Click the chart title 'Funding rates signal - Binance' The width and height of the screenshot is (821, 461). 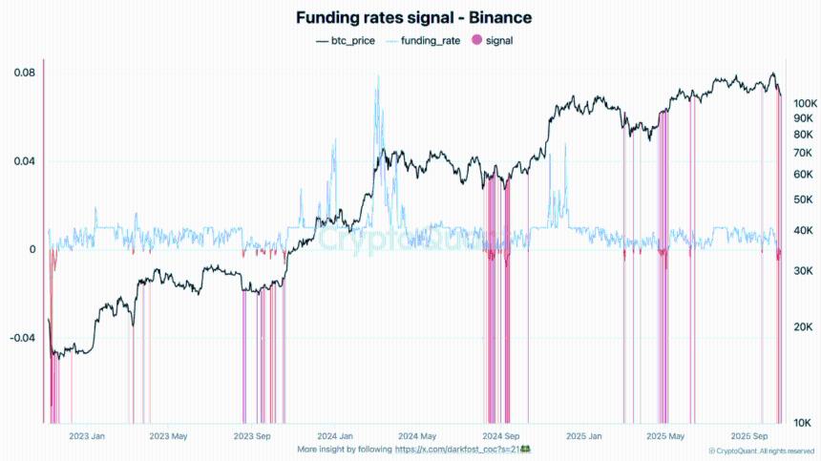pyautogui.click(x=413, y=17)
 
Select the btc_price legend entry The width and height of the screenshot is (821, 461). pyautogui.click(x=346, y=41)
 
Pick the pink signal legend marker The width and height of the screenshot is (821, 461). pyautogui.click(x=476, y=41)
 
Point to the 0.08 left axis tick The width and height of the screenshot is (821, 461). pyautogui.click(x=25, y=73)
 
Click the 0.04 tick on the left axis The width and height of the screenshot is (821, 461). pyautogui.click(x=25, y=160)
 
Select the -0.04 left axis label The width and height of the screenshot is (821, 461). pyautogui.click(x=23, y=338)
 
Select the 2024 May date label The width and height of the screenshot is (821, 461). pyautogui.click(x=418, y=436)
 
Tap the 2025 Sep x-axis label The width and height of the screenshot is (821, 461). pyautogui.click(x=750, y=436)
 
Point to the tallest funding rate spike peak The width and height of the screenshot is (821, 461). pyautogui.click(x=378, y=76)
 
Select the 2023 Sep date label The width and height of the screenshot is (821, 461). pyautogui.click(x=252, y=436)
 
